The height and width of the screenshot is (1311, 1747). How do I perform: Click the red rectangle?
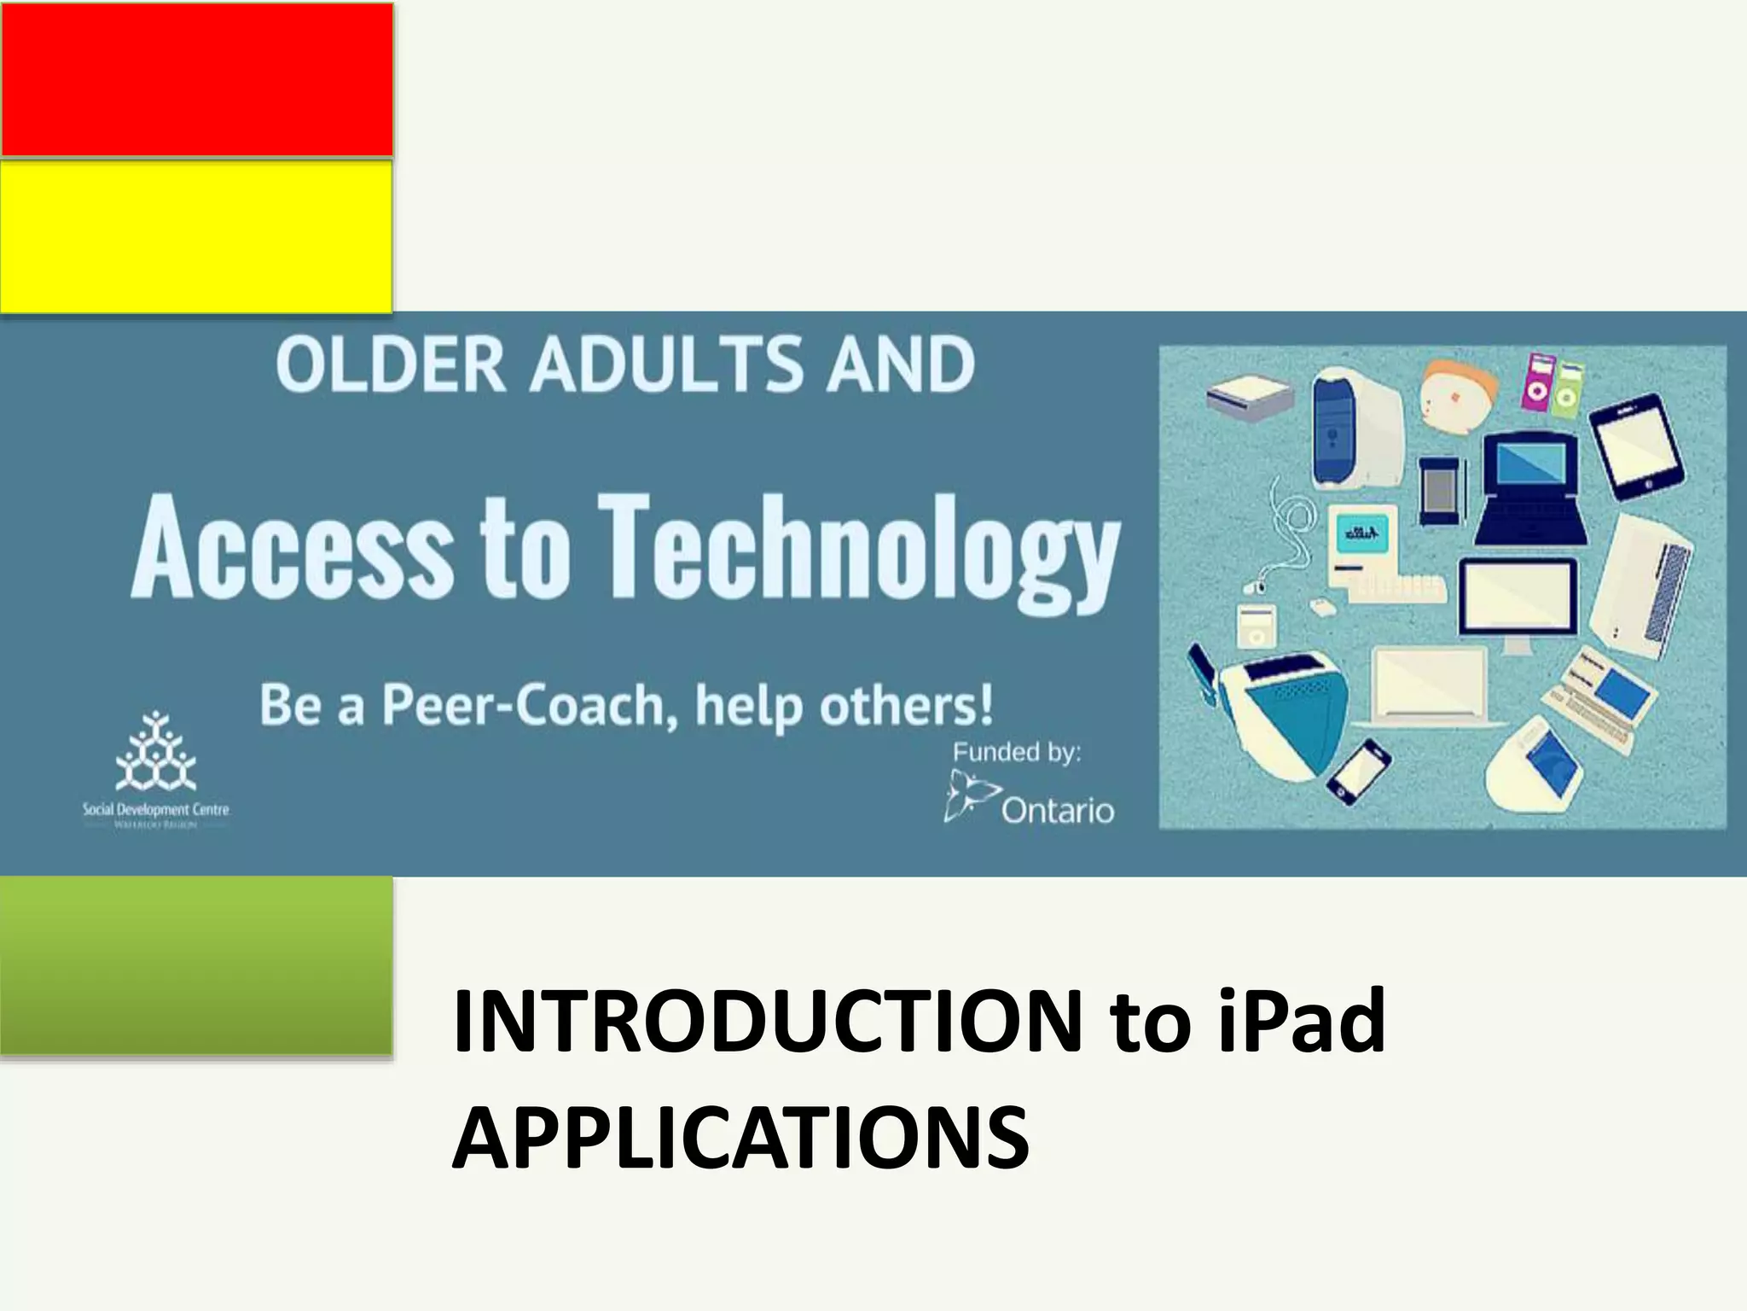pyautogui.click(x=196, y=79)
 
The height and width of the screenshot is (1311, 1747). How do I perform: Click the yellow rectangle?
pyautogui.click(x=196, y=236)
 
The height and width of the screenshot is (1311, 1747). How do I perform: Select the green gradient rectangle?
pyautogui.click(x=196, y=967)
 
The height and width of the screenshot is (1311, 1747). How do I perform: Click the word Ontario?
pyautogui.click(x=1057, y=810)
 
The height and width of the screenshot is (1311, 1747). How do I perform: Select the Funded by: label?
pyautogui.click(x=1016, y=752)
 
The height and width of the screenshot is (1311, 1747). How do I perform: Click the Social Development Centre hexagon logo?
pyautogui.click(x=155, y=752)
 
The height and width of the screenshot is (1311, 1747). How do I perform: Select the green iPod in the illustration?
pyautogui.click(x=1568, y=389)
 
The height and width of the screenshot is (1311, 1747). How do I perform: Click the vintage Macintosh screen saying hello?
pyautogui.click(x=1361, y=536)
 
